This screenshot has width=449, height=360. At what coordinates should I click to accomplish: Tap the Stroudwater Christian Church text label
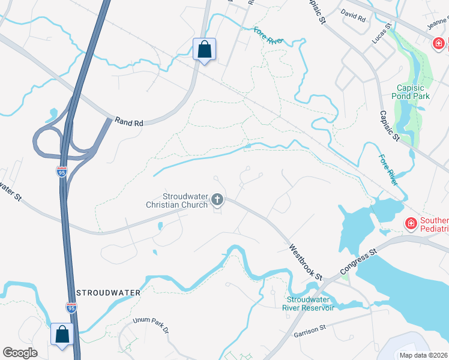pyautogui.click(x=185, y=200)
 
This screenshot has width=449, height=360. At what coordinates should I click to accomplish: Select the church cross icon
pyautogui.click(x=217, y=200)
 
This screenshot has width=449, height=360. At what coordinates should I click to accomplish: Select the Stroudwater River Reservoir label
pyautogui.click(x=310, y=304)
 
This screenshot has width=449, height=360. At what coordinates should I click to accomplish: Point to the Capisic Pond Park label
pyautogui.click(x=411, y=91)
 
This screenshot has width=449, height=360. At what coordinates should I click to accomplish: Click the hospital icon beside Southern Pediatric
pyautogui.click(x=411, y=224)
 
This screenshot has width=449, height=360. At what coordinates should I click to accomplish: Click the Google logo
pyautogui.click(x=20, y=353)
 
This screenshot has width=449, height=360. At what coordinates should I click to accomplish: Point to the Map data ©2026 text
pyautogui.click(x=424, y=355)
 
